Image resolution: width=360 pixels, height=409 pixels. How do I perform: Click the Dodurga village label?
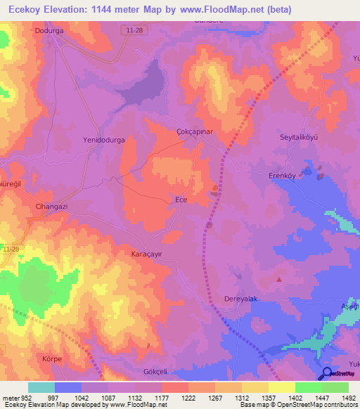click(49, 31)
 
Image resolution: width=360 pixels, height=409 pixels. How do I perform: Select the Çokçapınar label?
click(194, 131)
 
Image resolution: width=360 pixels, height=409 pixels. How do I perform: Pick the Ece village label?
click(181, 200)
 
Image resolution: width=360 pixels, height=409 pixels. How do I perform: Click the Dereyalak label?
click(242, 298)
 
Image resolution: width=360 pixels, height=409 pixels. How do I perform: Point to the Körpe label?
click(52, 358)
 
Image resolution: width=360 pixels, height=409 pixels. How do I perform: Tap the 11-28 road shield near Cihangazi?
click(11, 249)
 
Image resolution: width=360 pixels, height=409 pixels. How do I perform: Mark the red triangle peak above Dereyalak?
click(279, 280)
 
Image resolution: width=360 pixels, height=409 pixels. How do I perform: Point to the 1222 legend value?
click(188, 397)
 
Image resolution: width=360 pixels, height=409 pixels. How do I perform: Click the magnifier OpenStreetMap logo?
click(326, 373)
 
